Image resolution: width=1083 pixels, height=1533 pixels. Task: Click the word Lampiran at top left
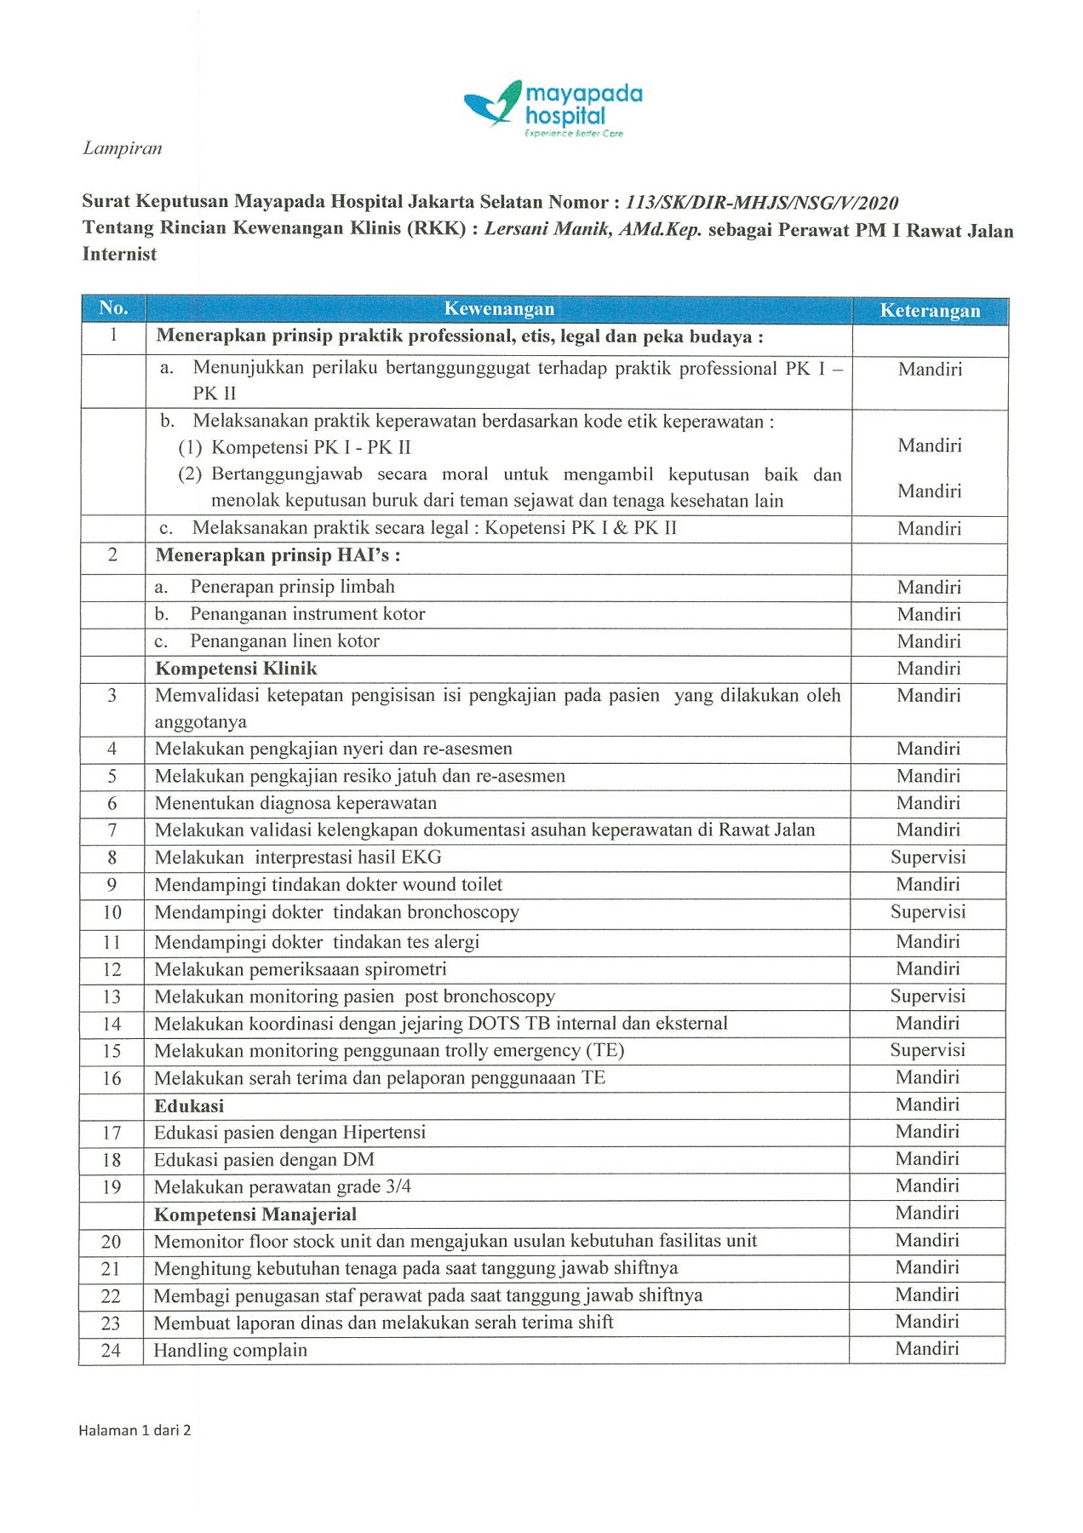[122, 148]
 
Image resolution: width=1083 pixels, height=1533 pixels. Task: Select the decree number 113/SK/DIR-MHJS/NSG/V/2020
[761, 203]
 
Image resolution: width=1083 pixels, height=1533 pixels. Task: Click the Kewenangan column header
[499, 309]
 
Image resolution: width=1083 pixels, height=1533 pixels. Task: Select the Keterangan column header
[930, 311]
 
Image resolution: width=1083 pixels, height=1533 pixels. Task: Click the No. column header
[113, 308]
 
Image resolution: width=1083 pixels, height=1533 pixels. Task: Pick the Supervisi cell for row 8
[928, 858]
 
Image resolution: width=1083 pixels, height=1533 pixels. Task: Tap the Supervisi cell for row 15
[927, 1050]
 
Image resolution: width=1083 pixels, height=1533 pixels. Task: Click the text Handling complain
[230, 1350]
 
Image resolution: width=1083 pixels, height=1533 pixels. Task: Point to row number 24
[111, 1351]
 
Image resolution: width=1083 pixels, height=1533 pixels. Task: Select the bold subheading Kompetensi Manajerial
[255, 1214]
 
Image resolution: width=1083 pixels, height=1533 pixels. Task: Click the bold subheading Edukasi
[189, 1106]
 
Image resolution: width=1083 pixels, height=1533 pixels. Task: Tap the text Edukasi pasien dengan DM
[264, 1160]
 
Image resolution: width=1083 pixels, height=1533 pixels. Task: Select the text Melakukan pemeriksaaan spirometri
[300, 969]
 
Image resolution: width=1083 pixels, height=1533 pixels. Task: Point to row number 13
[112, 997]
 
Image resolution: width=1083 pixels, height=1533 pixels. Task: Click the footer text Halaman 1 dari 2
[135, 1430]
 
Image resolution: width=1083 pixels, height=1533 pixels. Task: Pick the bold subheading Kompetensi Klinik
[236, 669]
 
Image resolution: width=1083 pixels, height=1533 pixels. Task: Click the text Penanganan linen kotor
[284, 641]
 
